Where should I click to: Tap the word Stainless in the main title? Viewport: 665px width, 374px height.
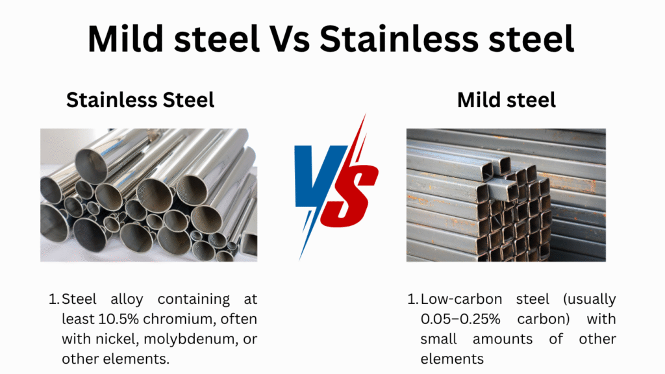coord(399,39)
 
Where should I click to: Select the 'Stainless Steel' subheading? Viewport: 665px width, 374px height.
coord(140,100)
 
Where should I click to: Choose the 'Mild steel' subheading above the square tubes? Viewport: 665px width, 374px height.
coord(507,100)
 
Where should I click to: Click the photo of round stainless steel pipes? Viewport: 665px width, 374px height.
coord(149,195)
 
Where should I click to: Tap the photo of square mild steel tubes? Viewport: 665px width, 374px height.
coord(506,195)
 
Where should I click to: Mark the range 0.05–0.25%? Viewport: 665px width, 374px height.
coord(460,319)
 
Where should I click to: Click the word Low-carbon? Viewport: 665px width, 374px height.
coord(462,299)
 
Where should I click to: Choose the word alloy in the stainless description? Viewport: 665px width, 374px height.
coord(127,299)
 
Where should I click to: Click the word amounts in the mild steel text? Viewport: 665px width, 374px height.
coord(503,339)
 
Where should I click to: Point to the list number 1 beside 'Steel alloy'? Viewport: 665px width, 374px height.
coord(54,299)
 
